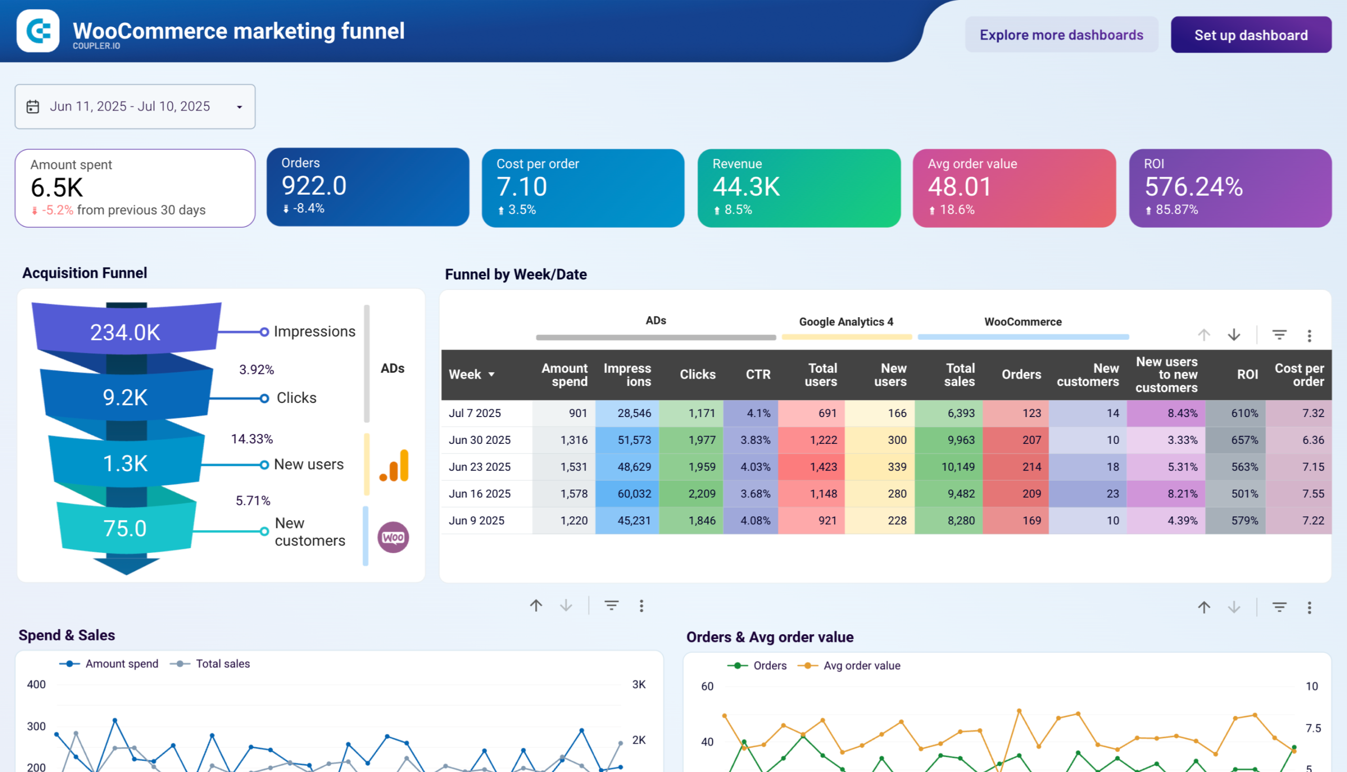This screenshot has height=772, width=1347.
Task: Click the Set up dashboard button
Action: (x=1250, y=35)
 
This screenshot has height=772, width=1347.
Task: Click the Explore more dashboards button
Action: (x=1061, y=35)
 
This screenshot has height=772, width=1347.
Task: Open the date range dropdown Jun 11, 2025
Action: (x=135, y=107)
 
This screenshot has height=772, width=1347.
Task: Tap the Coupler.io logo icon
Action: (x=38, y=31)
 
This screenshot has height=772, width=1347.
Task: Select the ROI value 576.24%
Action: (x=1193, y=187)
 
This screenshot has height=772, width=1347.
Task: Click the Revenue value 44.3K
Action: (x=746, y=187)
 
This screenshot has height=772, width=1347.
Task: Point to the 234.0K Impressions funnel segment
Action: (x=125, y=332)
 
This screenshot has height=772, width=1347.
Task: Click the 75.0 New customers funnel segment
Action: (x=125, y=528)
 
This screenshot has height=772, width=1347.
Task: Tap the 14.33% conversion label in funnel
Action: (x=252, y=439)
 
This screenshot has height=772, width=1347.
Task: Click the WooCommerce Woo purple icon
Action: (x=393, y=537)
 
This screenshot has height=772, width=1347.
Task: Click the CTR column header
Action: (x=758, y=374)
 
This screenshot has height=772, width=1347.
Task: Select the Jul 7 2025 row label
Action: (x=474, y=413)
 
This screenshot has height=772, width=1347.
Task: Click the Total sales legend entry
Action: (x=222, y=664)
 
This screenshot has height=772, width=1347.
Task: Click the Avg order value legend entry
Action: (x=861, y=665)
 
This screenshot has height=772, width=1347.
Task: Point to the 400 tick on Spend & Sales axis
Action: (x=36, y=685)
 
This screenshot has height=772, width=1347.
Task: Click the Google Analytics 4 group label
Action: (x=846, y=322)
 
